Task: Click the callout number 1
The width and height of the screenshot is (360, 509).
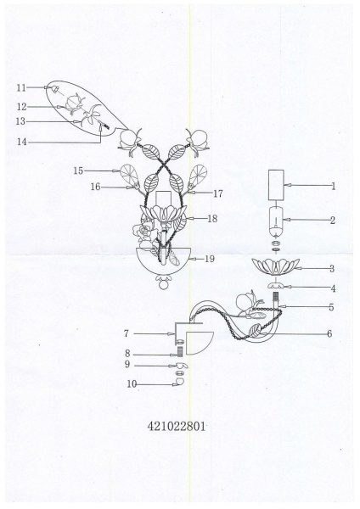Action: [x=334, y=187]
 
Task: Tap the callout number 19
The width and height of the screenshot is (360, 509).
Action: [x=210, y=259]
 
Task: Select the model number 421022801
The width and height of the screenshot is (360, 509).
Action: [x=177, y=426]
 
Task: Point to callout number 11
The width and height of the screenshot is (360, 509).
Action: [x=21, y=87]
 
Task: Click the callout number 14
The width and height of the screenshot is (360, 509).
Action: [x=22, y=142]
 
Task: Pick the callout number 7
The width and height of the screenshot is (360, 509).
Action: [x=126, y=333]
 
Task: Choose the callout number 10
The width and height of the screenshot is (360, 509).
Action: [x=132, y=384]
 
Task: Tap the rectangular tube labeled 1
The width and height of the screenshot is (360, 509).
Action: [x=276, y=184]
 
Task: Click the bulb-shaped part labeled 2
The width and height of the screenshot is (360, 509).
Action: [x=276, y=222]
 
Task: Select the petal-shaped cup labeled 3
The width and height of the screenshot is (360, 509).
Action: [x=276, y=267]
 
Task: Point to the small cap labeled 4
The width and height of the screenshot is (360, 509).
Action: [x=276, y=286]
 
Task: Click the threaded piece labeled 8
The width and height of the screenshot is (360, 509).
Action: [x=180, y=352]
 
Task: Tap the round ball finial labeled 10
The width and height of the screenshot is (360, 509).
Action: [x=180, y=381]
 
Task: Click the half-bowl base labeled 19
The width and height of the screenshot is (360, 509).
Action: [x=162, y=264]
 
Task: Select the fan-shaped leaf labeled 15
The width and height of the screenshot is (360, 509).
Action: [x=129, y=176]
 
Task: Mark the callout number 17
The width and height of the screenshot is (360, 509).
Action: [x=218, y=193]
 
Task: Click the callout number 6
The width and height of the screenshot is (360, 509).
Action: [x=329, y=333]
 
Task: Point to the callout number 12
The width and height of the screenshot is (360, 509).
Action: [x=21, y=107]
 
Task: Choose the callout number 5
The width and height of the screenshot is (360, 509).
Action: [x=331, y=307]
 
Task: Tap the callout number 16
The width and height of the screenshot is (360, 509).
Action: [x=96, y=187]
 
